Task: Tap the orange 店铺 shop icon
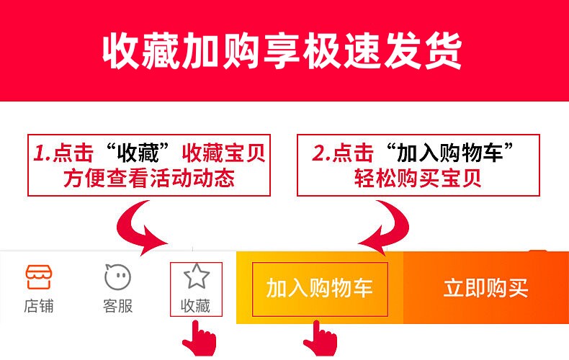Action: click(39, 276)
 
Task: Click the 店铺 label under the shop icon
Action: click(39, 306)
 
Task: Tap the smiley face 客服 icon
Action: click(117, 276)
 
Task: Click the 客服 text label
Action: click(117, 306)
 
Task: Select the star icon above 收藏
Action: click(196, 276)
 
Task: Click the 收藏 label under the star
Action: click(196, 306)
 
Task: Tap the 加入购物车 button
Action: click(320, 289)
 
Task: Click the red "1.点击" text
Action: click(63, 153)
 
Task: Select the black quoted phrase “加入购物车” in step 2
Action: click(449, 153)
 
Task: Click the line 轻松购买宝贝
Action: click(418, 178)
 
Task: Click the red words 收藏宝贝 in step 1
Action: click(224, 153)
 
